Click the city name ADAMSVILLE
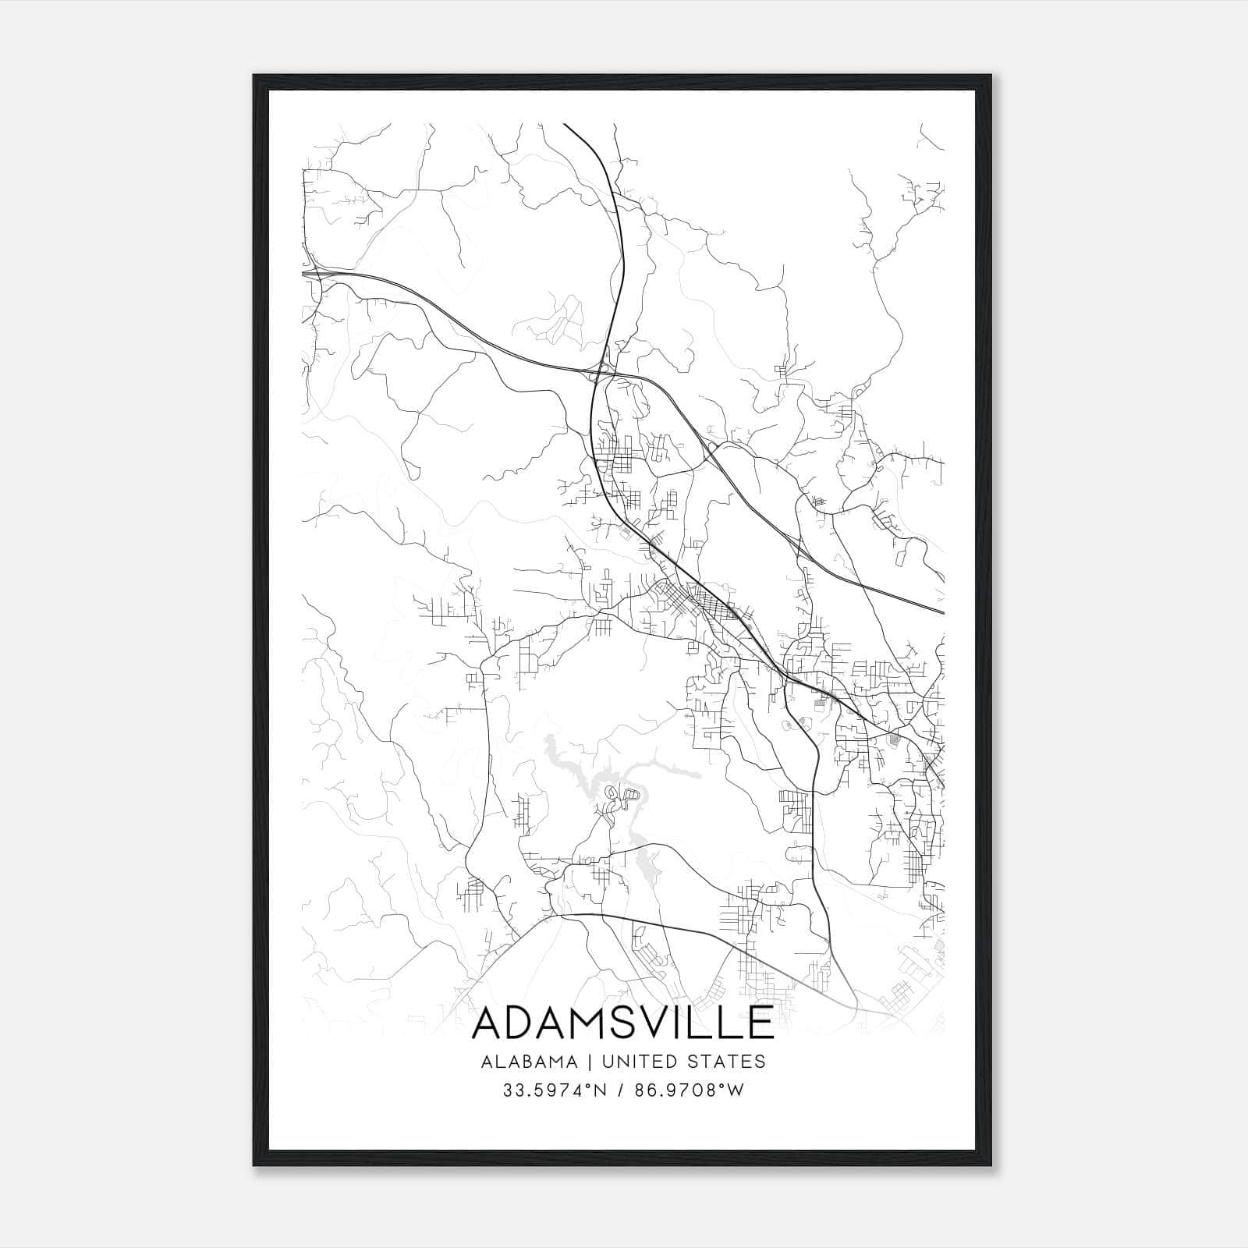pyautogui.click(x=622, y=1023)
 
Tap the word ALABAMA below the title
pyautogui.click(x=530, y=1062)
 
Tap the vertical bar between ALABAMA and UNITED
pyautogui.click(x=586, y=1062)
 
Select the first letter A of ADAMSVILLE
pyautogui.click(x=489, y=1023)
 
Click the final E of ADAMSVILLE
pyautogui.click(x=759, y=1023)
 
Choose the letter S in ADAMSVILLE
pyautogui.click(x=624, y=1023)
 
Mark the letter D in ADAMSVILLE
pyautogui.click(x=521, y=1023)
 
